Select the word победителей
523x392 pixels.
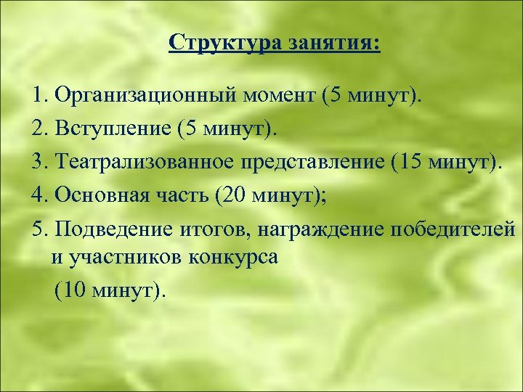coord(454,229)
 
